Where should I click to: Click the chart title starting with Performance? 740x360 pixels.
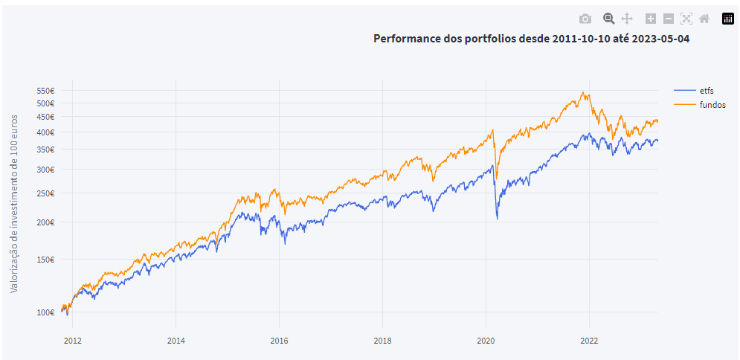pos(531,39)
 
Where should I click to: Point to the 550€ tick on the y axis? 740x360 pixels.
pos(45,90)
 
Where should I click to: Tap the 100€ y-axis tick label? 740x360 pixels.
pos(45,312)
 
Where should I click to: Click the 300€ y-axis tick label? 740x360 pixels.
pos(45,170)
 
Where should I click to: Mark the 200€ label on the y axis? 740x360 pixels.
pos(45,222)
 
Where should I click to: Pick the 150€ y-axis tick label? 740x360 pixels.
pos(45,260)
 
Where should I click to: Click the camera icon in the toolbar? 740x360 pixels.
pos(585,19)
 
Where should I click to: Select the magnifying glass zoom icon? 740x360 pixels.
pos(608,19)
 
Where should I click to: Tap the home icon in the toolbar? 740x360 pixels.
pos(704,19)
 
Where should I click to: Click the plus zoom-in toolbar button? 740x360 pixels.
pos(651,19)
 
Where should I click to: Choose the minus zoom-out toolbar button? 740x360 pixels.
pos(669,19)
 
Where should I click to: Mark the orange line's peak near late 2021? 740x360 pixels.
pos(584,93)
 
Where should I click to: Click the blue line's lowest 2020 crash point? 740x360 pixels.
pos(497,219)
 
